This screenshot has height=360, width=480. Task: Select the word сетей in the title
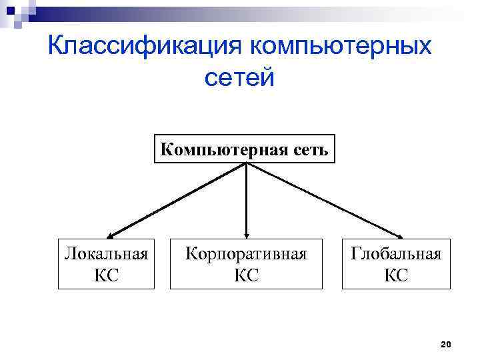point(239,79)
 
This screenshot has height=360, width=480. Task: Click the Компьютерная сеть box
point(245,149)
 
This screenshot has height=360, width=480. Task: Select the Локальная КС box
point(106,263)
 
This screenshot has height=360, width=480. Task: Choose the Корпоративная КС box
point(246,263)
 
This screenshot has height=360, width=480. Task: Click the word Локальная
point(106,254)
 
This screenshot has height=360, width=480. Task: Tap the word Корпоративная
point(246,254)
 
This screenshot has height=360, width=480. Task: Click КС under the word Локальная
point(107,274)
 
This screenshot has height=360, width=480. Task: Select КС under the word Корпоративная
point(246,274)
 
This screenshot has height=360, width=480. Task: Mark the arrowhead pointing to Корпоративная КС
point(247,233)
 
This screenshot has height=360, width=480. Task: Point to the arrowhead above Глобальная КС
point(399,235)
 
